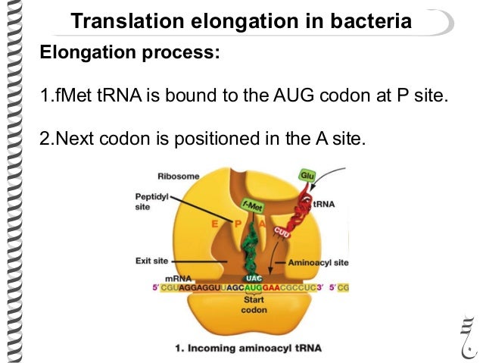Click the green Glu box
coord(307,175)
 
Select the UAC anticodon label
coord(254,278)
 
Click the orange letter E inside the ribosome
coord(216,224)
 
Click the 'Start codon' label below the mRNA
coord(254,304)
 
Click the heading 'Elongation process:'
coord(130,53)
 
